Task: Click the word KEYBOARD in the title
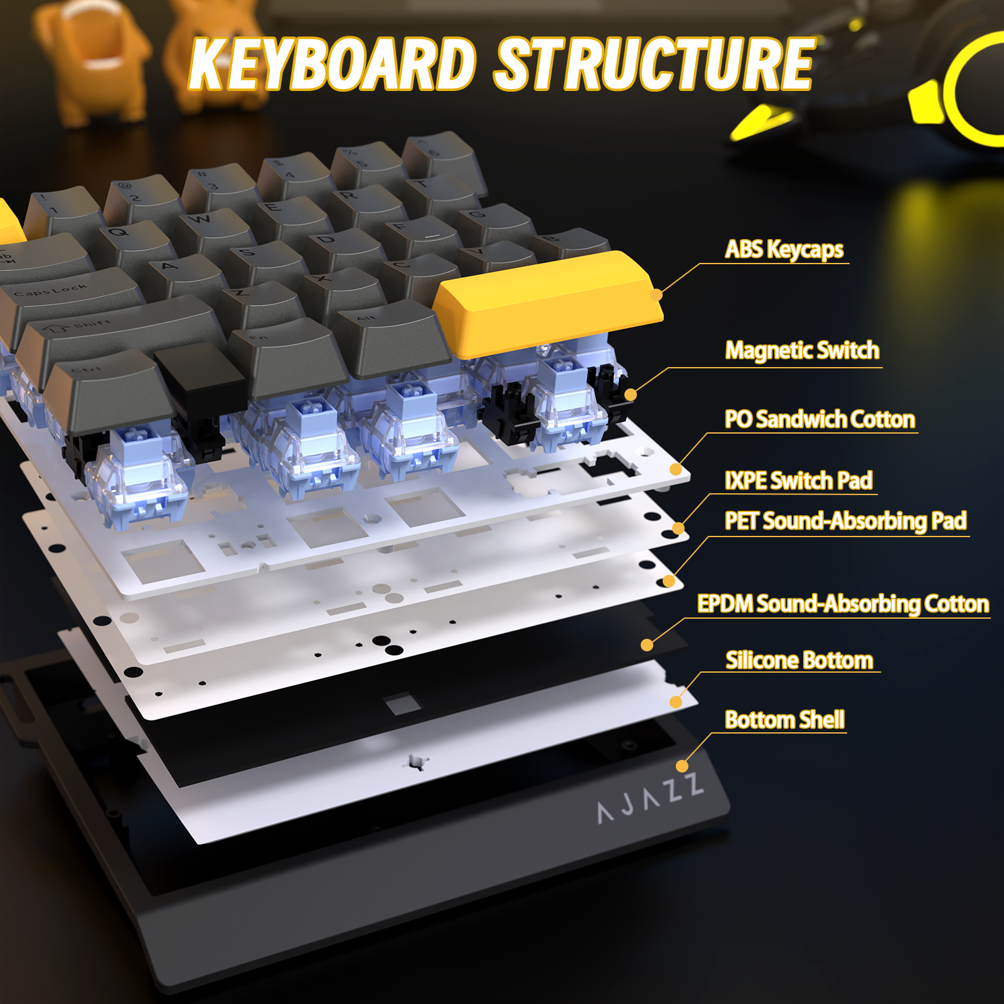coord(333,64)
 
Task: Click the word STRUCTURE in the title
coord(654,64)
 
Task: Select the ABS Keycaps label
coord(784,250)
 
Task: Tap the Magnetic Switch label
coord(802,350)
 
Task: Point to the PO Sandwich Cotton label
coord(820,419)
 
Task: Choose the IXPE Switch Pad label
coord(798,481)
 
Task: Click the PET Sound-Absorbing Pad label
coord(845,521)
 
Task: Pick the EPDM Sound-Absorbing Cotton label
coord(843,604)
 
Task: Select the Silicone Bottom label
coord(799,660)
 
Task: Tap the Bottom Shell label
coord(784,720)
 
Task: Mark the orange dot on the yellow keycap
coord(656,294)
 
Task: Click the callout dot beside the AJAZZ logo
coord(682,766)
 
